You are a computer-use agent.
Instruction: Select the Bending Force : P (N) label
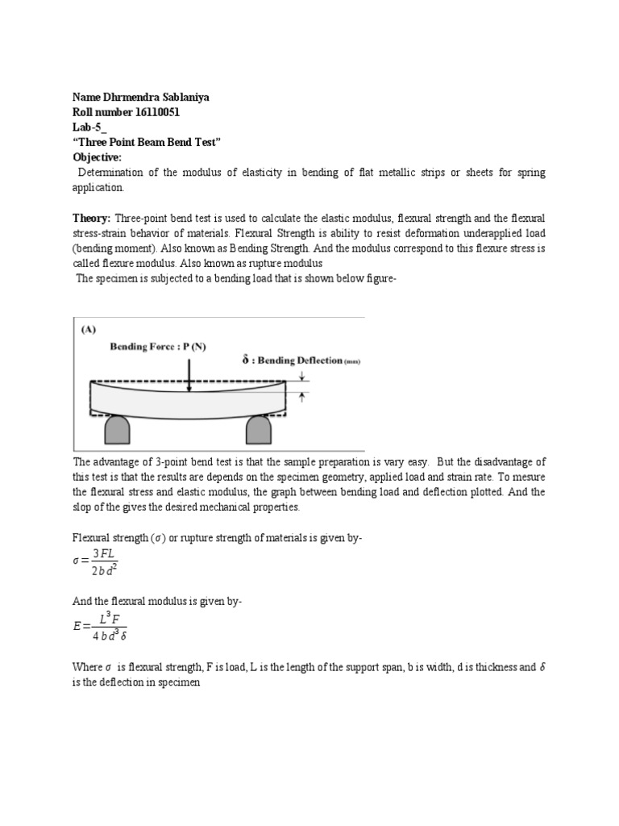[x=158, y=347]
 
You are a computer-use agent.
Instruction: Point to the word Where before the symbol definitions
[x=88, y=668]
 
